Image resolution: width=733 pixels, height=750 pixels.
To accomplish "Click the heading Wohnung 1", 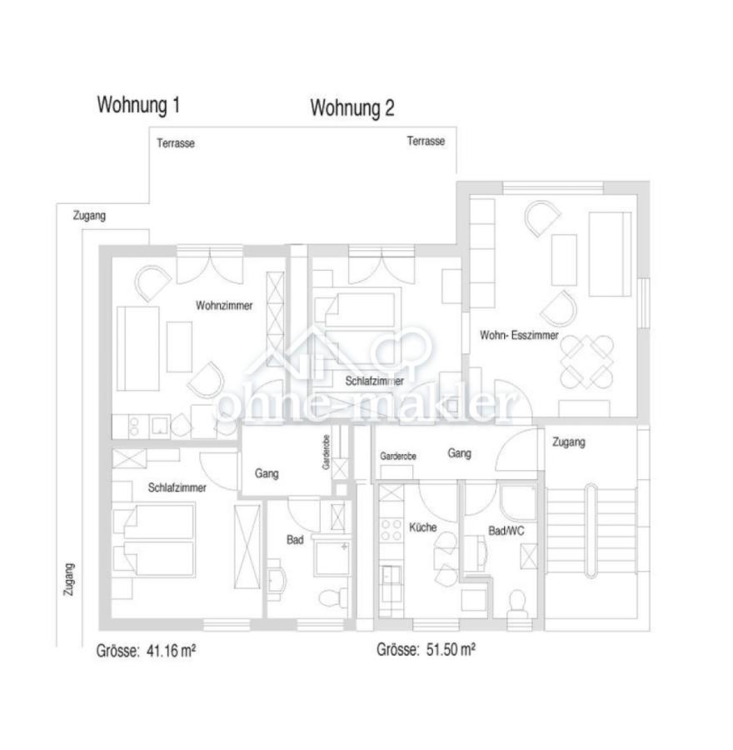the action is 138,104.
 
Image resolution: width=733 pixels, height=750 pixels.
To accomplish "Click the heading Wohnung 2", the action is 352,107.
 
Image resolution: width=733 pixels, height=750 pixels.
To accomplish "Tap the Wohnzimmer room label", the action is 224,306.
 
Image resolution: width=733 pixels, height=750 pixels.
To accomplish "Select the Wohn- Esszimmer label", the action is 519,335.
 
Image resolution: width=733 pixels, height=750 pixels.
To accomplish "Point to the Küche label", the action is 422,527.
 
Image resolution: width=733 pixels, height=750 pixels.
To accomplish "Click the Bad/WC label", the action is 506,531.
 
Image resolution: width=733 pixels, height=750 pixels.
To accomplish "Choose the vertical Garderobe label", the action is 326,452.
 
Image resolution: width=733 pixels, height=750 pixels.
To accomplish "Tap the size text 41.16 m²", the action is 170,651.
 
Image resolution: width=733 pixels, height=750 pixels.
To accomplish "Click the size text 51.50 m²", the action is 451,649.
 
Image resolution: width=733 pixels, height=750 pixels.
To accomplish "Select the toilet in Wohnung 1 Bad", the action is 333,597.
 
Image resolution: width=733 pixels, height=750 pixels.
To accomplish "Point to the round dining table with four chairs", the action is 586,362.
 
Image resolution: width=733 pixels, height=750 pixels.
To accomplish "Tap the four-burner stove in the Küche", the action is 391,530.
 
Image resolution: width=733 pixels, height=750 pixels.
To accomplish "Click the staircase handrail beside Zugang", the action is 591,531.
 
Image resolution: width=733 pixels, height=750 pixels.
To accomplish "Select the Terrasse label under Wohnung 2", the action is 426,141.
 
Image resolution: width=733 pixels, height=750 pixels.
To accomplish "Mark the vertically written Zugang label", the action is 69,579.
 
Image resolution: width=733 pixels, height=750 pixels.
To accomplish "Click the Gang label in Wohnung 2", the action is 459,453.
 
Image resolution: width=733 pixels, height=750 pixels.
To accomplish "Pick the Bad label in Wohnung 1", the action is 295,540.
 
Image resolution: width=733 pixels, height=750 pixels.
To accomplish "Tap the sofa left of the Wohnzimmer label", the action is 137,348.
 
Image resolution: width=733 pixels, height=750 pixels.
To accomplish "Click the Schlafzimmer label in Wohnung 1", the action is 177,487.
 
